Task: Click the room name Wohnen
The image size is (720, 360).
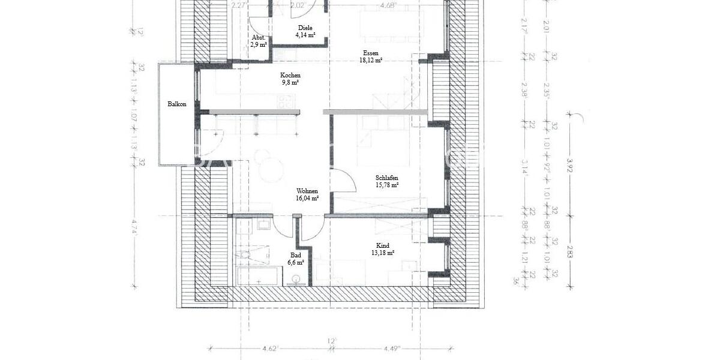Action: pos(307,190)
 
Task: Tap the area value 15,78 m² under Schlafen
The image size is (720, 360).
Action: pos(387,185)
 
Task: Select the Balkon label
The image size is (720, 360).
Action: pos(176,104)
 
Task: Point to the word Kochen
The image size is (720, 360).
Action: pos(290,75)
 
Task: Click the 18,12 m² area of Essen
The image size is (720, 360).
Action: pos(371,61)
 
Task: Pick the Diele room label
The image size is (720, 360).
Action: pos(305,28)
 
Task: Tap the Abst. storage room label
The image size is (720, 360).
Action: pos(259,37)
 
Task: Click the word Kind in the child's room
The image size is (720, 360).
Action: pos(382,245)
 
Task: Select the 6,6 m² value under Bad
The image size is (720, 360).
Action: pos(296,263)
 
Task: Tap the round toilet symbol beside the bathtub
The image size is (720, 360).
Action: pos(295,278)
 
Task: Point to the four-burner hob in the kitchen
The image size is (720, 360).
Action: pos(281,101)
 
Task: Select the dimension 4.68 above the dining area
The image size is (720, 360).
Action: pos(388,7)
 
